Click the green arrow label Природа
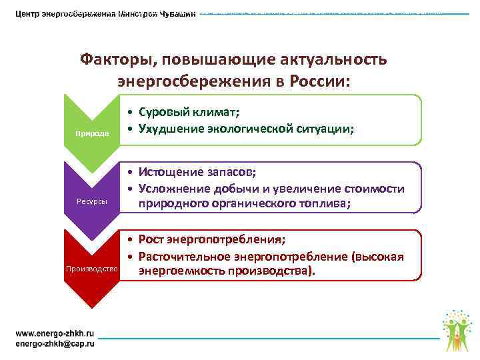pyautogui.click(x=91, y=133)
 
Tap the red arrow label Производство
pyautogui.click(x=91, y=269)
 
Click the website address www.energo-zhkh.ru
pyautogui.click(x=55, y=333)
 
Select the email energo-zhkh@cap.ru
pyautogui.click(x=55, y=343)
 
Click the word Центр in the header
pyautogui.click(x=31, y=15)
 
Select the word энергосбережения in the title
pyautogui.click(x=194, y=81)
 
